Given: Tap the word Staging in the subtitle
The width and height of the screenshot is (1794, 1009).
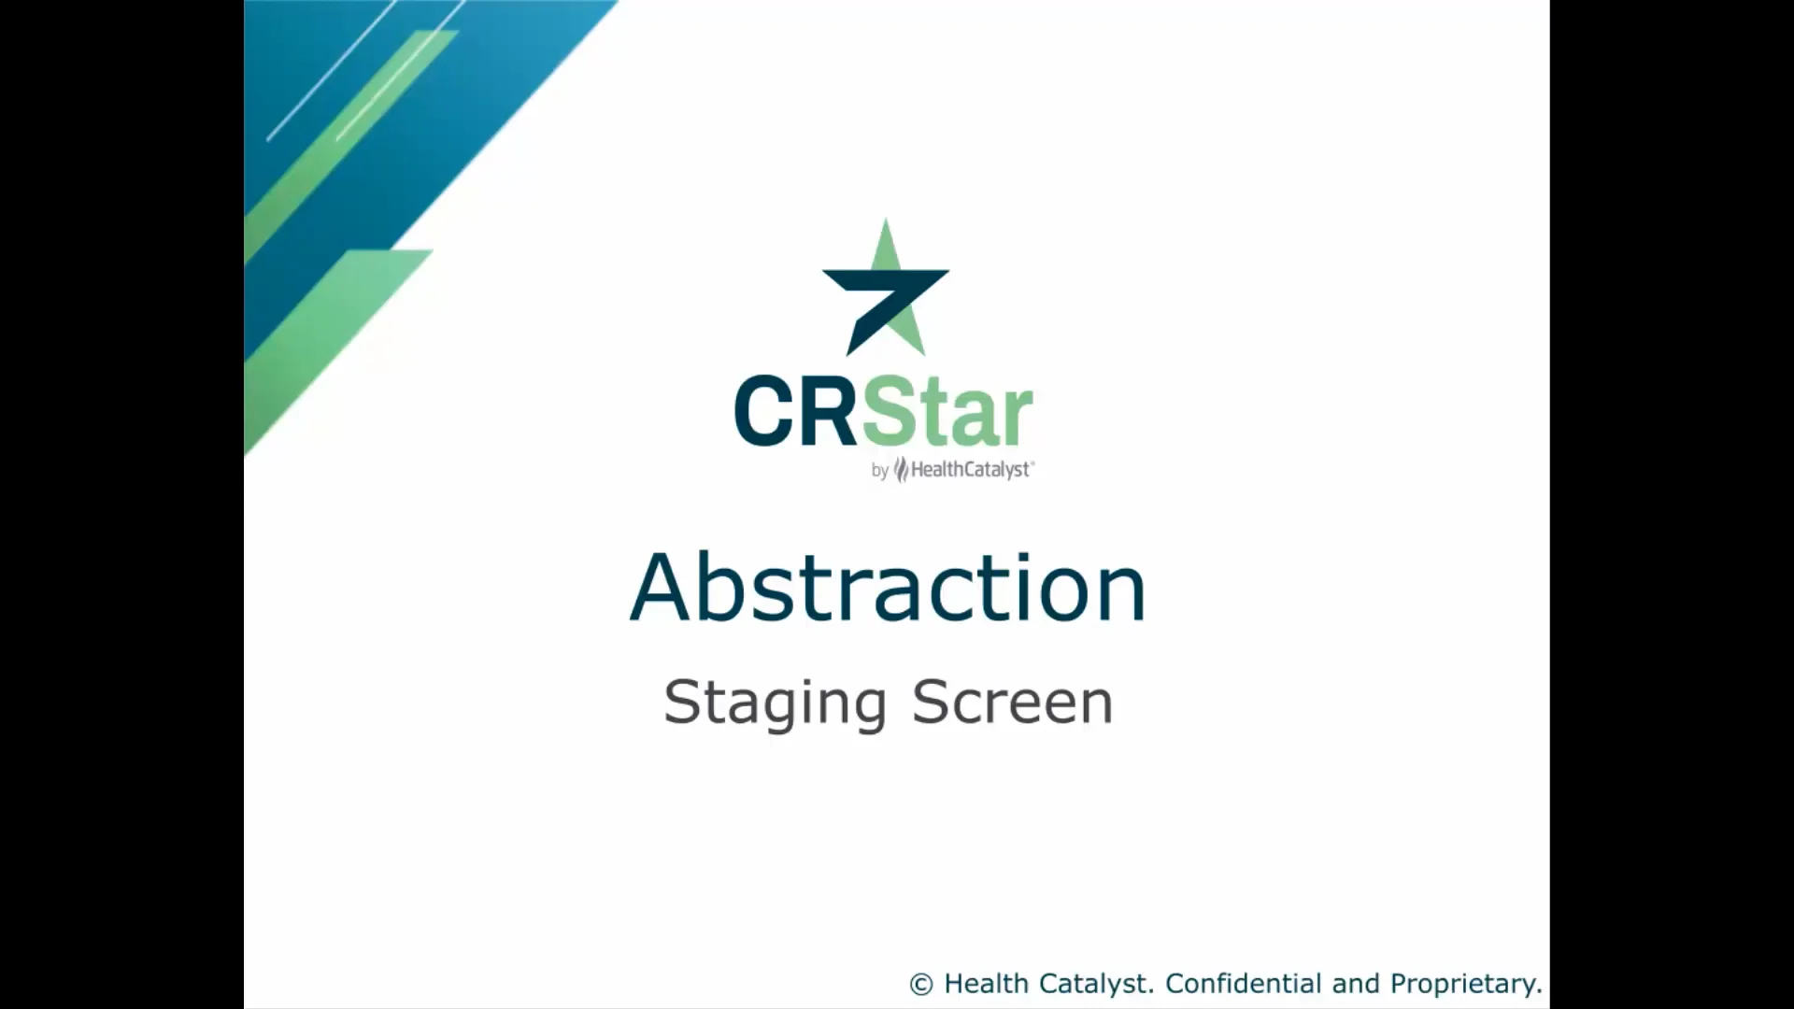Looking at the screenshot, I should pos(775,703).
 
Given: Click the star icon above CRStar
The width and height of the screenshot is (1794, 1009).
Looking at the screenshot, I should pos(886,290).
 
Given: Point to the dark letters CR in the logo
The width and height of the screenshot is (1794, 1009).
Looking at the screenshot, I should pos(795,411).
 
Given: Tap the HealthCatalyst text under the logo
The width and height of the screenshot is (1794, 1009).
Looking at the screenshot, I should pos(970,470).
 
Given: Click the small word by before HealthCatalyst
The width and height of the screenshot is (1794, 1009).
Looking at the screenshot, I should pos(879,472).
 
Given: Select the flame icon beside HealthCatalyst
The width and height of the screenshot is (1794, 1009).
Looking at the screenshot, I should pos(902,469).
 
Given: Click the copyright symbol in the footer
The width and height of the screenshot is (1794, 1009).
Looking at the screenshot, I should pos(921,985).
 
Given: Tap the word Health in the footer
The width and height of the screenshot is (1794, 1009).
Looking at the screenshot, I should pos(986,984).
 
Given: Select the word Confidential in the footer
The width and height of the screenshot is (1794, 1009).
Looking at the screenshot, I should pos(1244,984).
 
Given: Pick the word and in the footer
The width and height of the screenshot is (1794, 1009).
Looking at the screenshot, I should pos(1355,984).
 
